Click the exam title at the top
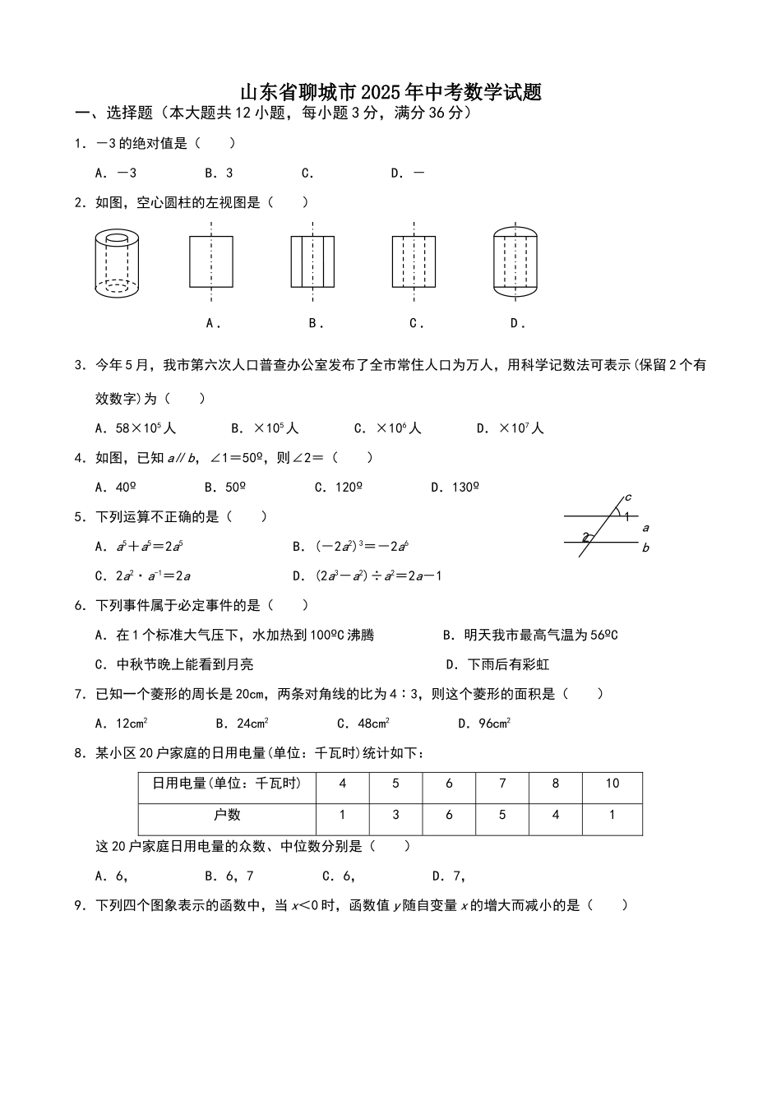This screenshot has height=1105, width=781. (x=390, y=92)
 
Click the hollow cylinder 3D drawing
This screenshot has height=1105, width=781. (x=117, y=263)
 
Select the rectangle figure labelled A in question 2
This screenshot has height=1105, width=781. (x=211, y=262)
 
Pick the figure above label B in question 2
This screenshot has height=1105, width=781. (x=312, y=262)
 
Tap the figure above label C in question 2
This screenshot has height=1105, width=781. (x=414, y=262)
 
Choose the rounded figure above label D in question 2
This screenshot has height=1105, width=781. (x=515, y=262)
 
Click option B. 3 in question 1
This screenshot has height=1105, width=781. (x=219, y=173)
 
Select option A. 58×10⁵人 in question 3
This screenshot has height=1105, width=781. (x=136, y=428)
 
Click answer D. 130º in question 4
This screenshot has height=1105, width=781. (x=455, y=488)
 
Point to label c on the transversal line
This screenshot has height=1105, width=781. (x=628, y=497)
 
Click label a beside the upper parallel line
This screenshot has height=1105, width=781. (x=645, y=528)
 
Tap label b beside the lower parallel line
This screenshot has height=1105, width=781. (x=645, y=548)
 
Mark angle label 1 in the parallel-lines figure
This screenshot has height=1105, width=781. (x=626, y=516)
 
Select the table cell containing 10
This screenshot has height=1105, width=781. (x=612, y=784)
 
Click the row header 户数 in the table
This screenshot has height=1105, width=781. (x=227, y=815)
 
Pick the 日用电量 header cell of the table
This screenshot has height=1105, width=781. (x=227, y=784)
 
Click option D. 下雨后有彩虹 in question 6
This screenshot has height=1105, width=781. (x=497, y=664)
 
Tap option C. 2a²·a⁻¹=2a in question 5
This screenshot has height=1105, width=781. (x=143, y=576)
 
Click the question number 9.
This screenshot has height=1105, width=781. (x=80, y=906)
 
